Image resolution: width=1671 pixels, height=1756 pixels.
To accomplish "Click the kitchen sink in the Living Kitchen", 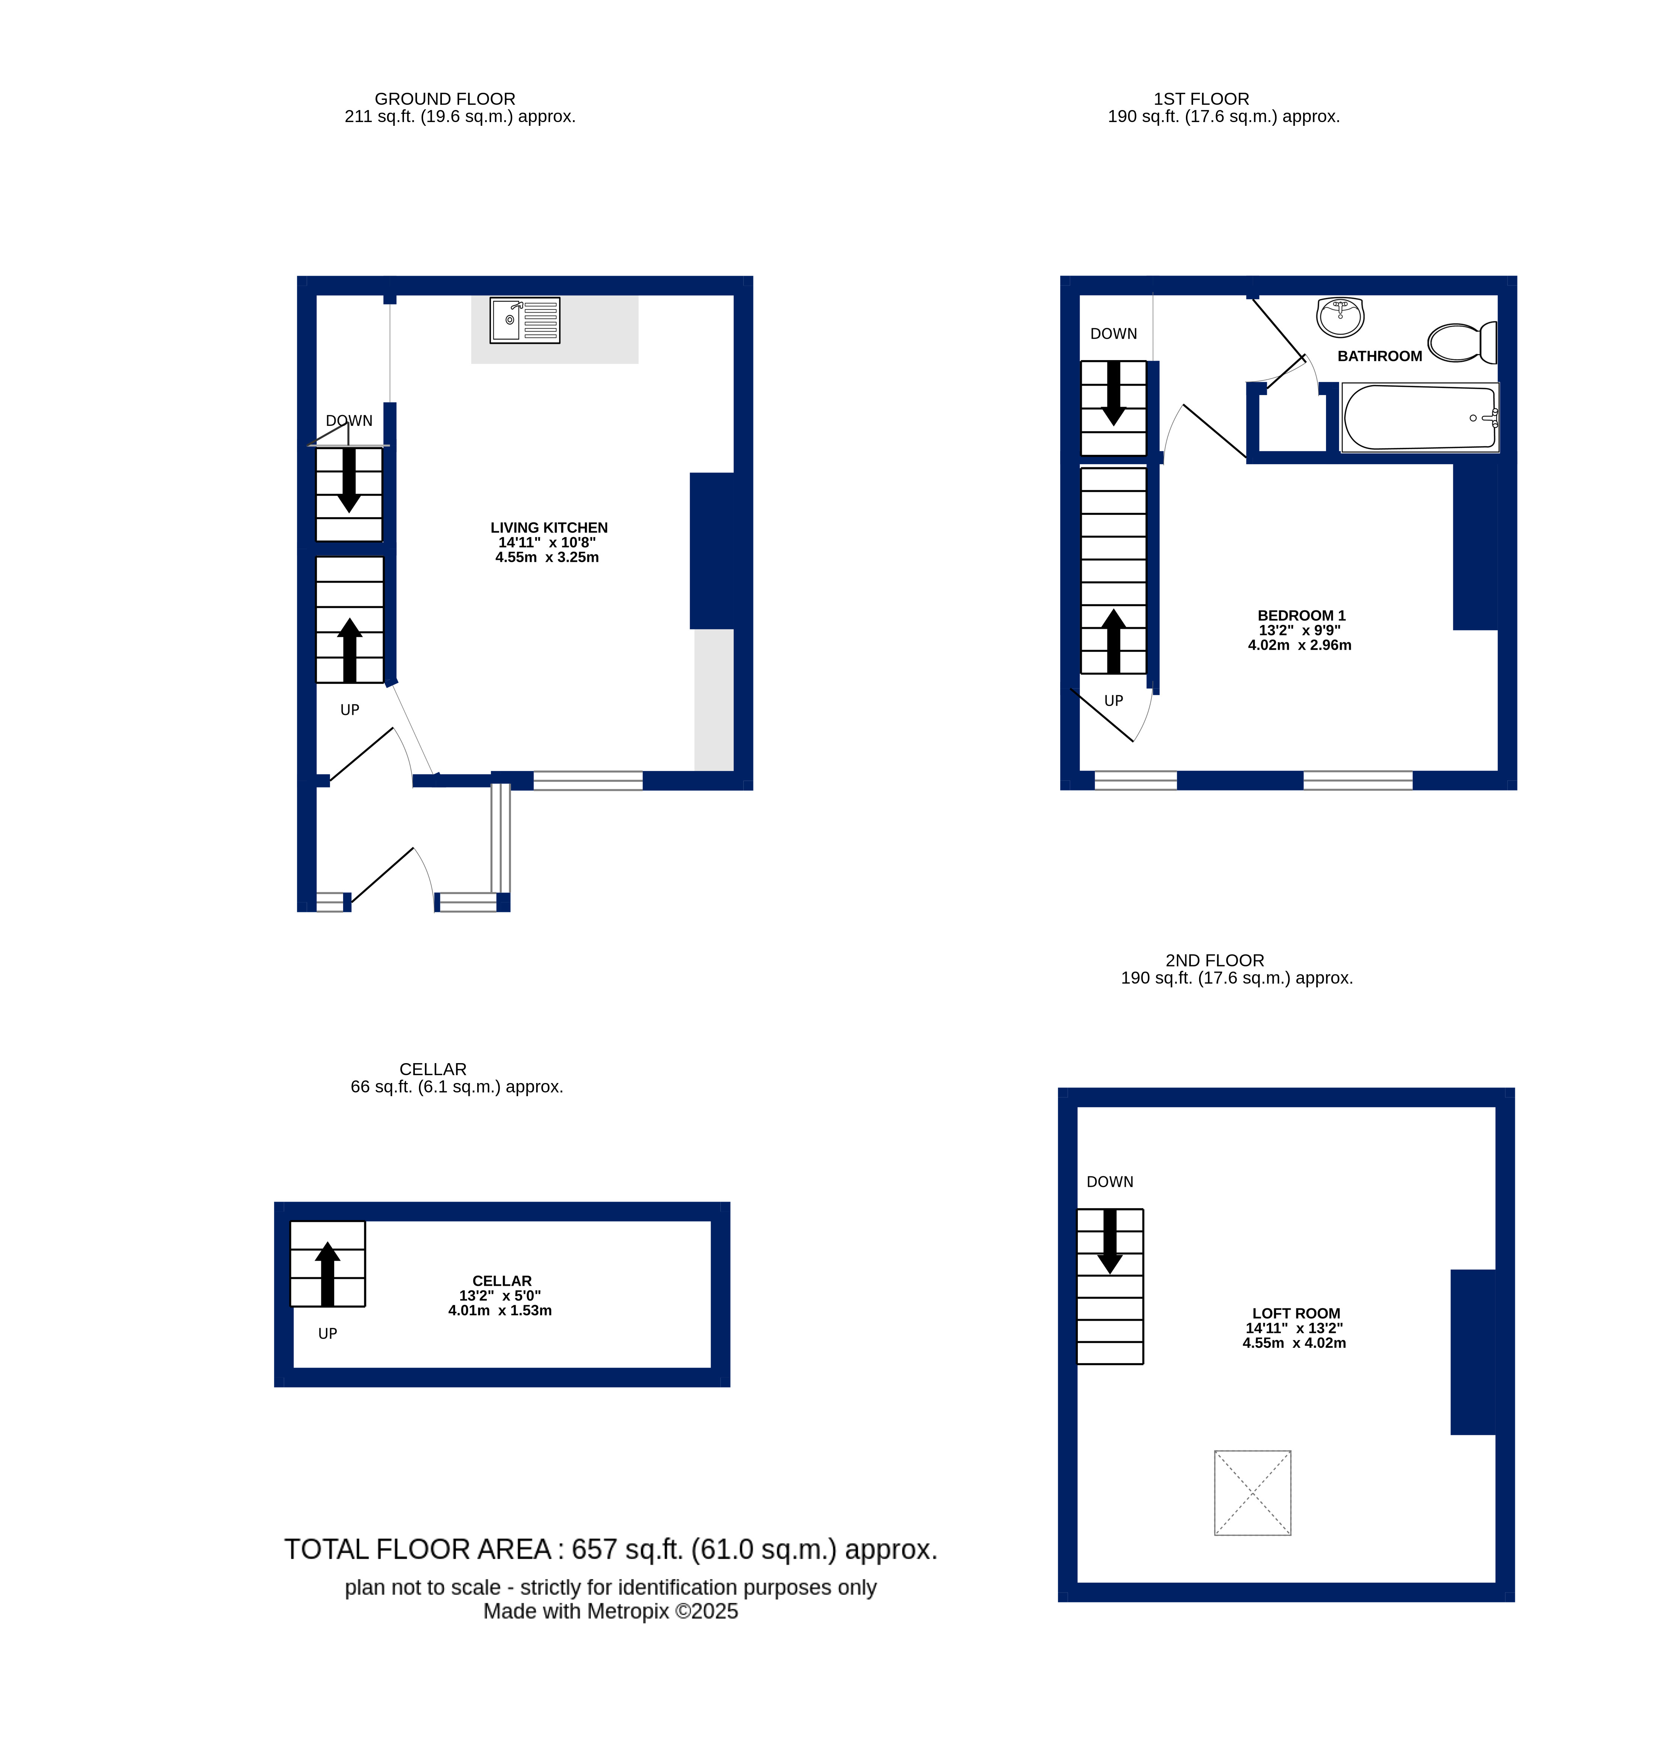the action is (524, 320).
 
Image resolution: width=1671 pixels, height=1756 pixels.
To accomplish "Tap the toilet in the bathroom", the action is (1462, 342).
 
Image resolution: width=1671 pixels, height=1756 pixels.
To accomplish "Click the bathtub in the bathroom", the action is (1420, 417).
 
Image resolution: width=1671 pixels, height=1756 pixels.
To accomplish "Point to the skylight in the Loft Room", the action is (1252, 1492).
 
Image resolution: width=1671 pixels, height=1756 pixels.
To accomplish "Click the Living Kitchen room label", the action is (549, 527).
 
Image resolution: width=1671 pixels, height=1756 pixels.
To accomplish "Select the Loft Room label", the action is (1296, 1313).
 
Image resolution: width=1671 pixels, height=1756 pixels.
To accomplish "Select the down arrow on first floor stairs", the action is (1113, 393).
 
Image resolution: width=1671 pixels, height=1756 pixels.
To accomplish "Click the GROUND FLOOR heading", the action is (444, 99).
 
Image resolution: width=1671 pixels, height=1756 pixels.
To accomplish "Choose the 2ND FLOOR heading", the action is (1215, 960).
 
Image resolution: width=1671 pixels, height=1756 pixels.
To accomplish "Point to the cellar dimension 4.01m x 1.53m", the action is (500, 1311).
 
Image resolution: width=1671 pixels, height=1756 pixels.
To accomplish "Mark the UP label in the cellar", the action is (328, 1334).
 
